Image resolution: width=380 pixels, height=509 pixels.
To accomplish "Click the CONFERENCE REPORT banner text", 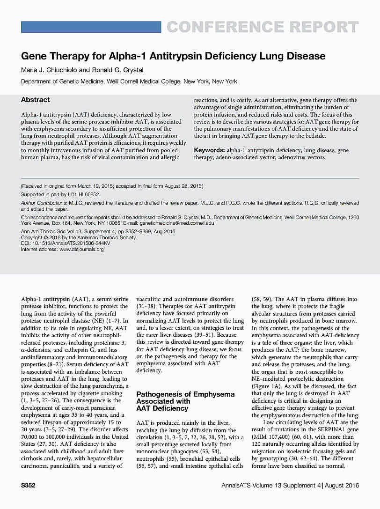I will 263,27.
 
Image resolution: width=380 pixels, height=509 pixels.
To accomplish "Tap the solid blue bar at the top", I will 91,27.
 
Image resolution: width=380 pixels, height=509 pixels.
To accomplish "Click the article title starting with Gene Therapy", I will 173,56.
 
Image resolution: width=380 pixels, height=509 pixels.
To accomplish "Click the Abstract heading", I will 35,100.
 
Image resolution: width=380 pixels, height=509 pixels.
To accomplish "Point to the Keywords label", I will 209,150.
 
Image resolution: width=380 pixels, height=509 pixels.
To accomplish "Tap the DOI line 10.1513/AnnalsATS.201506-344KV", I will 66,243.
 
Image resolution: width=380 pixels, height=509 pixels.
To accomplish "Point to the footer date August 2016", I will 342,486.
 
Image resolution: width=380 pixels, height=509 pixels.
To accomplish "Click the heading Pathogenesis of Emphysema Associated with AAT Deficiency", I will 185,401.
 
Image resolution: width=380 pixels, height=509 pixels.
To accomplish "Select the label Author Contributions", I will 44,203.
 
